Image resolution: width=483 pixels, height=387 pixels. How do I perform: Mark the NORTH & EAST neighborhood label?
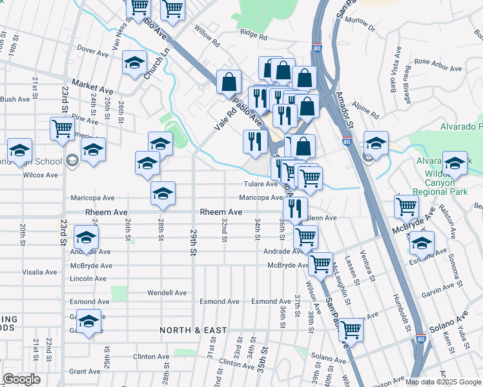click(x=194, y=330)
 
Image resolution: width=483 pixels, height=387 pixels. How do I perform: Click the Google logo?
click(x=21, y=380)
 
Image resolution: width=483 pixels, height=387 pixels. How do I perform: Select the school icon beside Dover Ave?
click(x=134, y=63)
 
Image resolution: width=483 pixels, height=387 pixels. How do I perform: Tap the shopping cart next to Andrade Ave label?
click(x=305, y=236)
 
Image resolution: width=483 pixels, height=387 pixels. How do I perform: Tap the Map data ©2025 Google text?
click(x=442, y=381)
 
